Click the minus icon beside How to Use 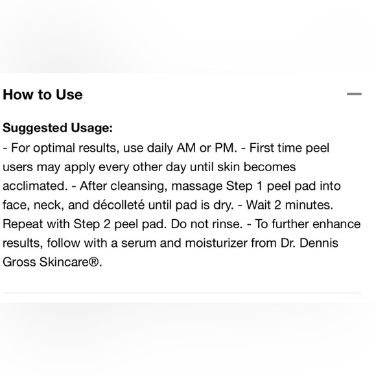pyautogui.click(x=354, y=94)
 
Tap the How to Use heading pyautogui.click(x=43, y=95)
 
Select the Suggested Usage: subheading pyautogui.click(x=57, y=128)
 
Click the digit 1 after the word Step pyautogui.click(x=258, y=186)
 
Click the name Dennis pyautogui.click(x=332, y=244)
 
